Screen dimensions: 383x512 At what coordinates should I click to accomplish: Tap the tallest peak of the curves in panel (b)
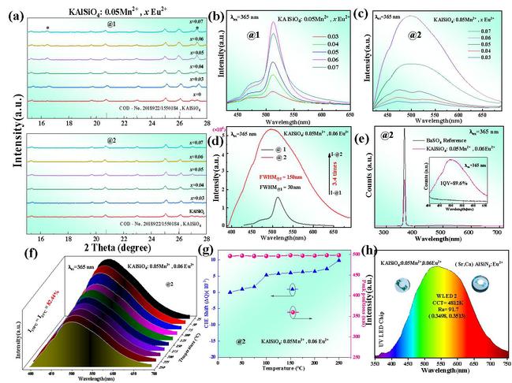click(273, 24)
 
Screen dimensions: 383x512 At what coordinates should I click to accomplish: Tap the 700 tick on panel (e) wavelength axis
click(495, 233)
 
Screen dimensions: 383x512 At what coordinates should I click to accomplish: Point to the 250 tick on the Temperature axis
click(338, 363)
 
